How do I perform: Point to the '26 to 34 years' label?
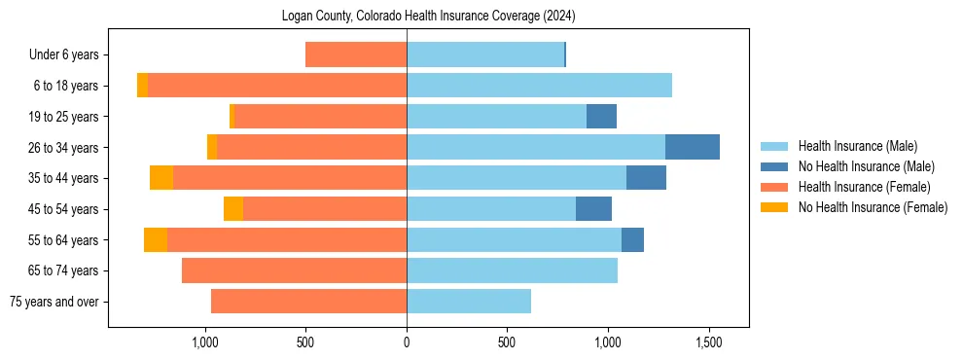coord(63,148)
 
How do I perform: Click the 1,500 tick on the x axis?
coord(708,342)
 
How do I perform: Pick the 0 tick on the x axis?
coord(407,342)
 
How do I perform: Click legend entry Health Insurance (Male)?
coord(858,146)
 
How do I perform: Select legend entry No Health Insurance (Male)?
coord(866,166)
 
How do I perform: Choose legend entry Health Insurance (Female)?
coord(864,187)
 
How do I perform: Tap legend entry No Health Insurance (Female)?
coord(873,207)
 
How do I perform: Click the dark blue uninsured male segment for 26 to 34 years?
coord(693,147)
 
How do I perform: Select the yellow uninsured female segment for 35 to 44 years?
coord(161,178)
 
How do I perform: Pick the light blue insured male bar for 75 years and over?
coord(469,302)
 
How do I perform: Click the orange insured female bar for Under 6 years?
coord(356,54)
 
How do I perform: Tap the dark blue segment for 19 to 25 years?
coord(601,117)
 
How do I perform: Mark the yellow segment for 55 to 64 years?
coord(156,239)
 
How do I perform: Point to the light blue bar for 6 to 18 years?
coord(539,86)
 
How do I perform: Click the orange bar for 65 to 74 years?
coord(294,270)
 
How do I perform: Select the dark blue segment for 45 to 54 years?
coord(593,209)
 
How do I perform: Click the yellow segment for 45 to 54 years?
coord(233,209)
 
